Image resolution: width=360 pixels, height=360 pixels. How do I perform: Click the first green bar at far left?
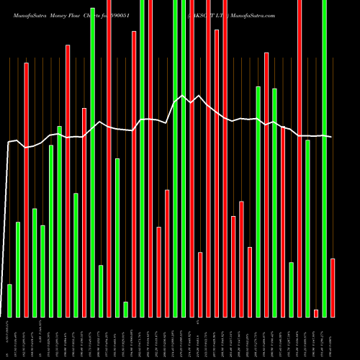pyautogui.click(x=9, y=300)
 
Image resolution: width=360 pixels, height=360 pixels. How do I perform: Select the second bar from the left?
pyautogui.click(x=18, y=269)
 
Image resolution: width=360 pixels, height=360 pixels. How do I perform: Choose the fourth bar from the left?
pyautogui.click(x=35, y=262)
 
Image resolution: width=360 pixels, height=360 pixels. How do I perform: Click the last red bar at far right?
pyautogui.click(x=333, y=287)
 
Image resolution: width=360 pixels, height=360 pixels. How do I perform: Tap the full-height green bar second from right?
pyautogui.click(x=325, y=158)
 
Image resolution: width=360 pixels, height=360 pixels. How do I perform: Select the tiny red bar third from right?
pyautogui.click(x=316, y=312)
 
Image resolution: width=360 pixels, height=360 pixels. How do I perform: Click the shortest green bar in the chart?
pyautogui.click(x=125, y=309)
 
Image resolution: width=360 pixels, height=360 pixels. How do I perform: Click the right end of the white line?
pyautogui.click(x=331, y=137)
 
